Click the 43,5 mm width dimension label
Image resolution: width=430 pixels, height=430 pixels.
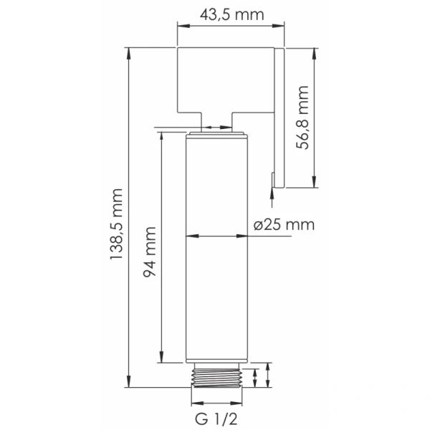click(230, 15)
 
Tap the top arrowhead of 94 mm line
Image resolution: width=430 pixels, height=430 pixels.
click(162, 135)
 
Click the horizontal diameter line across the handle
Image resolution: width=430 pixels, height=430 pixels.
click(216, 236)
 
